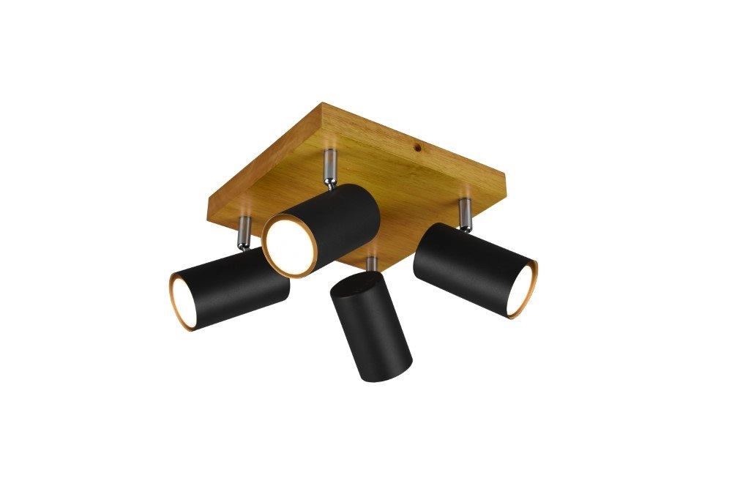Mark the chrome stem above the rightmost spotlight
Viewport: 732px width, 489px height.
tap(463, 212)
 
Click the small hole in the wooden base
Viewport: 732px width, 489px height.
tap(419, 146)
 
